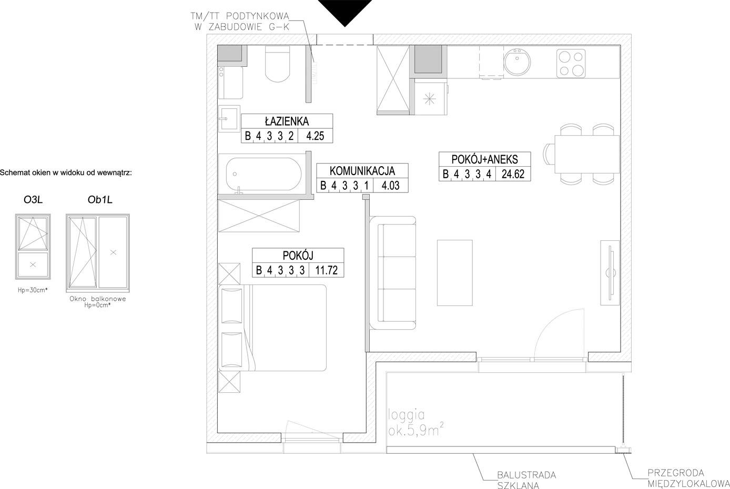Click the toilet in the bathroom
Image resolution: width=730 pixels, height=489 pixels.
click(x=277, y=64)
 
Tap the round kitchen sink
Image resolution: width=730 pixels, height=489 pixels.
click(x=517, y=62)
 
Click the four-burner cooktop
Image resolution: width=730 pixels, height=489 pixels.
click(x=571, y=64)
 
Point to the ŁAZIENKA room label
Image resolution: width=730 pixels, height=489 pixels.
click(x=287, y=121)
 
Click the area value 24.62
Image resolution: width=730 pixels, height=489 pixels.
click(x=513, y=174)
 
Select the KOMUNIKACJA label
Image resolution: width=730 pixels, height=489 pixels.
click(x=362, y=171)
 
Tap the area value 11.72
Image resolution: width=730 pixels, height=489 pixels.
click(x=326, y=270)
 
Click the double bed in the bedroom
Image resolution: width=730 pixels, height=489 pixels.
click(x=272, y=328)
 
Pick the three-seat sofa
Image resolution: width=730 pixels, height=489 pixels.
click(x=393, y=273)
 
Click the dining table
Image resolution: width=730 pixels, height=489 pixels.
click(x=586, y=155)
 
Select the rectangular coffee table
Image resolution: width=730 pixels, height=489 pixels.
click(x=454, y=273)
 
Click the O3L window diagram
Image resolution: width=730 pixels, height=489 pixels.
click(x=33, y=247)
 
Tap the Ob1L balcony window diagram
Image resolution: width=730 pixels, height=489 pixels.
click(x=98, y=253)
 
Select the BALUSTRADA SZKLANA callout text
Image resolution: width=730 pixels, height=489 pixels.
click(x=526, y=480)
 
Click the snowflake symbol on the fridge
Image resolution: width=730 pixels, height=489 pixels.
click(x=430, y=99)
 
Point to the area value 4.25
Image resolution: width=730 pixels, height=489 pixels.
click(x=315, y=136)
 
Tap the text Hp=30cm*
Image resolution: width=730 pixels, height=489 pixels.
click(x=33, y=290)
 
